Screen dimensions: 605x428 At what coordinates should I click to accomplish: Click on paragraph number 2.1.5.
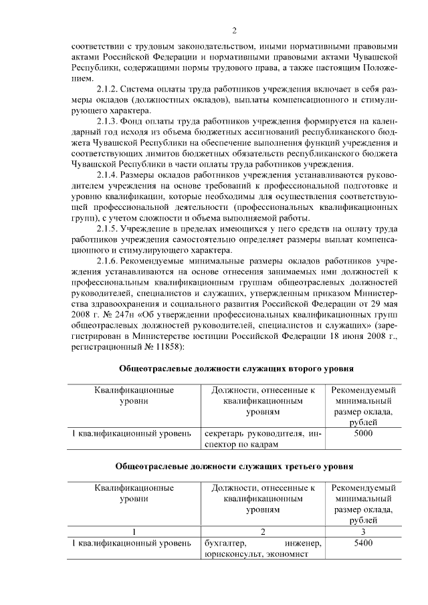(110, 229)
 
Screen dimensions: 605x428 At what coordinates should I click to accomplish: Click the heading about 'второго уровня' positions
(235, 368)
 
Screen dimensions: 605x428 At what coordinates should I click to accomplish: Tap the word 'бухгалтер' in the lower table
(224, 543)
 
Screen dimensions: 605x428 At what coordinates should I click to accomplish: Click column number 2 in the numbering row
(263, 531)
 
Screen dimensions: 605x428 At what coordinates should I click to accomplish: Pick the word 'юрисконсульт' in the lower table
(231, 554)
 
